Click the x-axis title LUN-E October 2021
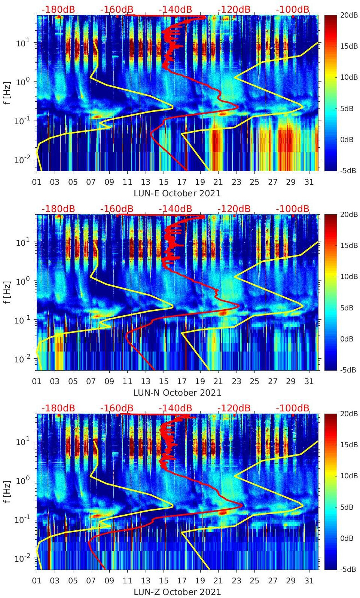click(x=177, y=193)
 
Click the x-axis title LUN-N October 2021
click(x=177, y=393)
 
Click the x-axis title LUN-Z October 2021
click(x=177, y=592)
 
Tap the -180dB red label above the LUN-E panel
click(x=58, y=9)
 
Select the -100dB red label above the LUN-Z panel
click(x=293, y=408)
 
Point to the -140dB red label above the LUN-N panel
click(x=175, y=209)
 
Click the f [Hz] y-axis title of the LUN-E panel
click(x=7, y=93)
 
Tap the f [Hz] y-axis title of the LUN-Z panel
click(x=7, y=491)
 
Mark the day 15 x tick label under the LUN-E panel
click(x=164, y=182)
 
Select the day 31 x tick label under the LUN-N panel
click(x=309, y=381)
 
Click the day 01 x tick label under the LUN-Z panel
click(x=37, y=581)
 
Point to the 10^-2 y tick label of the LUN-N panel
click(x=22, y=359)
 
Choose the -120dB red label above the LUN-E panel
click(x=234, y=9)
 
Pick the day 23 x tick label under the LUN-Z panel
click(x=236, y=581)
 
